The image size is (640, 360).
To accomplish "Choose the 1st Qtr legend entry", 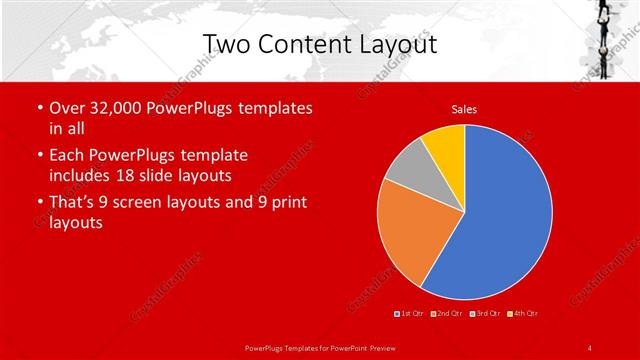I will click(x=410, y=314).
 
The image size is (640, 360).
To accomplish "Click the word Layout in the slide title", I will click(x=395, y=44).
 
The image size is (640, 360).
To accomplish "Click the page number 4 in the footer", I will click(x=589, y=347).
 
